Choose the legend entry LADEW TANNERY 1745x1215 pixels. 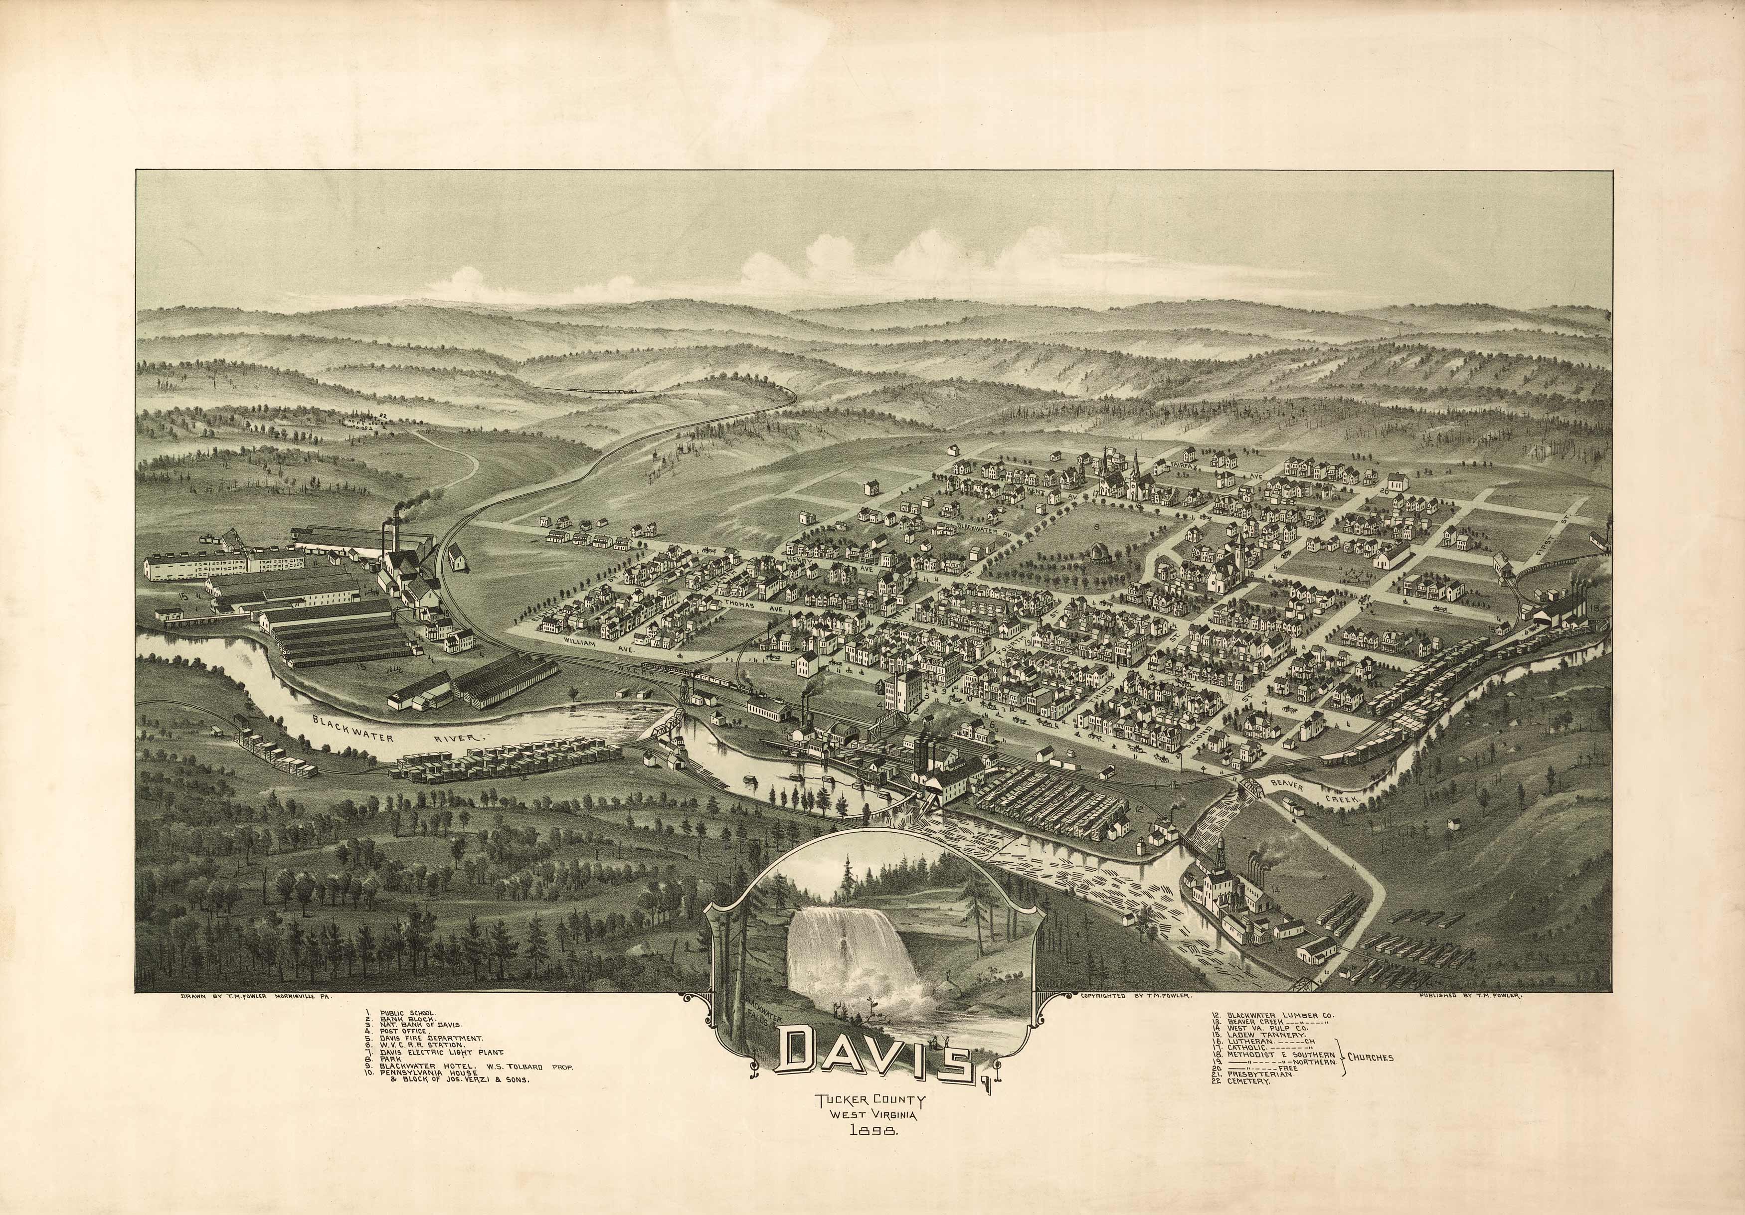(1261, 1035)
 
